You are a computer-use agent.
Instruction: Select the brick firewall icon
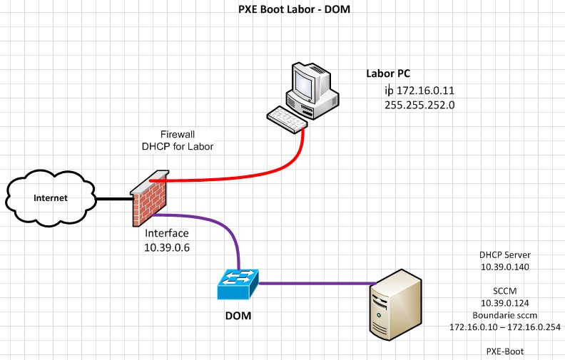(151, 197)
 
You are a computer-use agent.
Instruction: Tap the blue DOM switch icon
(238, 284)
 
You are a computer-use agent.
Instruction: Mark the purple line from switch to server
(314, 284)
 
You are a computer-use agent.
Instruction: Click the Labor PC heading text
(388, 73)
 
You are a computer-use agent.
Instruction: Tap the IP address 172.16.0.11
(420, 91)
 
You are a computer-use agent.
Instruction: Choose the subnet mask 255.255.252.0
(419, 104)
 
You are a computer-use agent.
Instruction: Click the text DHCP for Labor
(178, 146)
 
